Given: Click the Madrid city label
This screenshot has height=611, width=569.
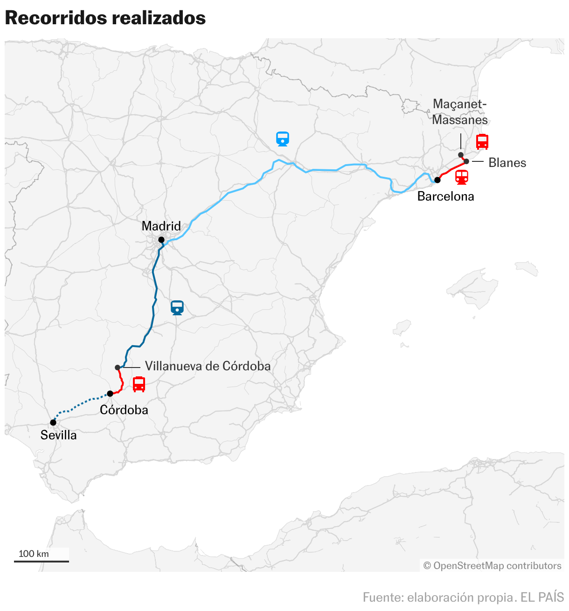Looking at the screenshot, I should point(161,226).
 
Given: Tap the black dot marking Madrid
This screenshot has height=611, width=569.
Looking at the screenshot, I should point(161,240).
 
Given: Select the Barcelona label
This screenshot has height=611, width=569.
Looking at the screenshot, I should point(445,196).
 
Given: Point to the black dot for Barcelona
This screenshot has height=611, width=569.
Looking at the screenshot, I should point(437,180).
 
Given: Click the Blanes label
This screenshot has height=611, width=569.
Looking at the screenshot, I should point(507,163).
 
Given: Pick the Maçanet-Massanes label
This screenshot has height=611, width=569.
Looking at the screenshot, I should point(459,112).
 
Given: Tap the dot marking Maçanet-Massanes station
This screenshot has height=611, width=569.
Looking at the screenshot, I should point(461,155).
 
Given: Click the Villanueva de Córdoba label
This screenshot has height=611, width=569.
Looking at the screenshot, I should point(208,366).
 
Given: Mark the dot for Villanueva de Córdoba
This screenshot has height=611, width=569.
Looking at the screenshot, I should point(118,368).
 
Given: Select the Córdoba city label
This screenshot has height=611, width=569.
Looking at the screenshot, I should point(124,410).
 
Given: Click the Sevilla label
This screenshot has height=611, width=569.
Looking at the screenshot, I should point(58,435).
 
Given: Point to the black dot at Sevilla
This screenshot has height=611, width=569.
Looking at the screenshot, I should point(53,423).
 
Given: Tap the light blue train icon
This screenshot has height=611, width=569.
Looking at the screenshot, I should point(283,139).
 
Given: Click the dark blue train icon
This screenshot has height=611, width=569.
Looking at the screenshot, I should point(177,308).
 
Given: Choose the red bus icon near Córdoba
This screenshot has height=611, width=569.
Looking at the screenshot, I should point(139,384).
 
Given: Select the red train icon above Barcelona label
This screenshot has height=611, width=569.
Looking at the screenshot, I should point(461,177).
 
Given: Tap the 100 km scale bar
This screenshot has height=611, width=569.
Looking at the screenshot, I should point(41,561).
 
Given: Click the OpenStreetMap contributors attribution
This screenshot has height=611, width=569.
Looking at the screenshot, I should point(492,566).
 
